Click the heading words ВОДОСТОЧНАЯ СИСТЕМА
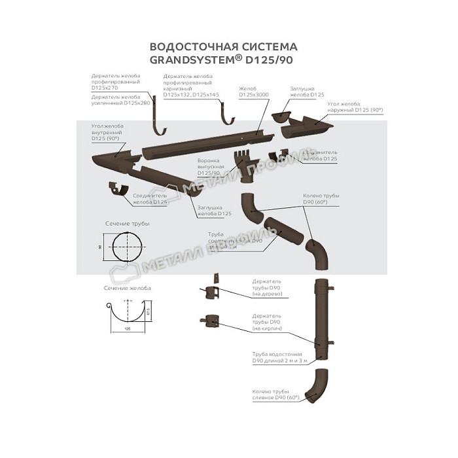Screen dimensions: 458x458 tap(223, 46)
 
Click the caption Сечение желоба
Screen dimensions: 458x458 tap(127, 288)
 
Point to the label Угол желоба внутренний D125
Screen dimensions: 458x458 tap(108, 133)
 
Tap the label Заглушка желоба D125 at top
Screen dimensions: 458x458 tap(307, 92)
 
